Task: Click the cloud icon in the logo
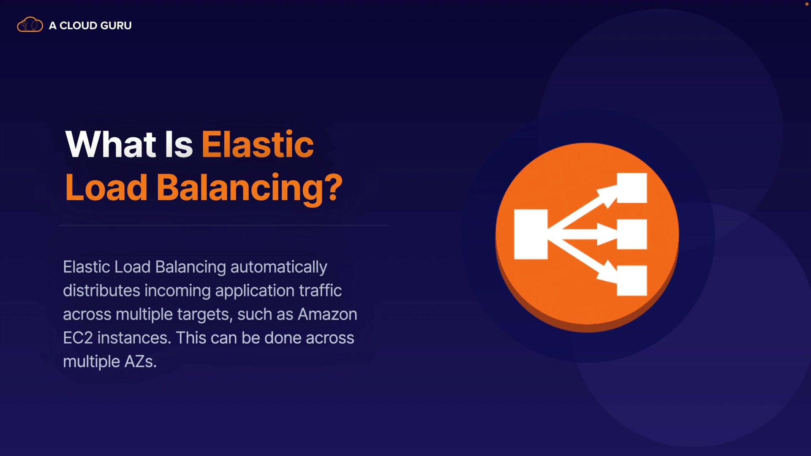pyautogui.click(x=30, y=25)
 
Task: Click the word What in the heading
pyautogui.click(x=111, y=144)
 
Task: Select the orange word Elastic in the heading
pyautogui.click(x=258, y=144)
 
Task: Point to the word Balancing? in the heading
pyautogui.click(x=250, y=188)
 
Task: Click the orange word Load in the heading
pyautogui.click(x=106, y=188)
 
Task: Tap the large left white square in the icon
pyautogui.click(x=531, y=234)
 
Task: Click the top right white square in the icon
pyautogui.click(x=632, y=188)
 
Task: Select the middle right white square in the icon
pyautogui.click(x=632, y=234)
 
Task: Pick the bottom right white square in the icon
pyautogui.click(x=632, y=280)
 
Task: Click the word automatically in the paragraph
pyautogui.click(x=279, y=267)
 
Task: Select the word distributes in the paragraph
pyautogui.click(x=101, y=290)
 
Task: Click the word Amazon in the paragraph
pyautogui.click(x=327, y=314)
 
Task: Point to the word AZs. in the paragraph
pyautogui.click(x=140, y=361)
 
